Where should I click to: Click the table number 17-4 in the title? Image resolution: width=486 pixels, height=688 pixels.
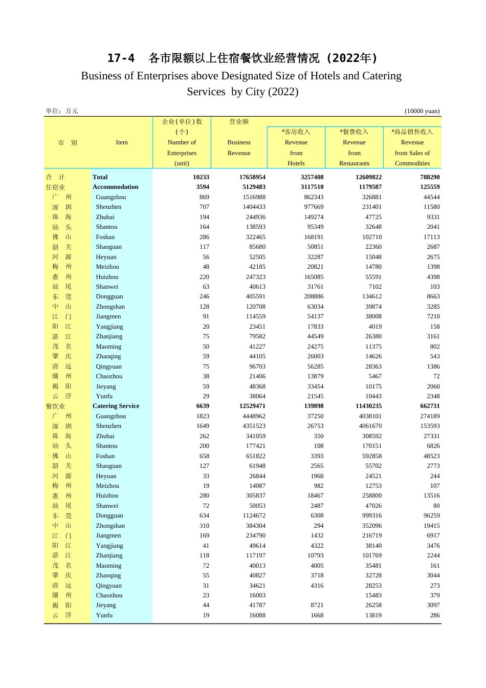click(121, 58)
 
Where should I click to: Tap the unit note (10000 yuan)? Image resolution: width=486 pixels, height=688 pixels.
click(422, 111)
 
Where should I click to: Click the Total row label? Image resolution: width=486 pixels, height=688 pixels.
click(100, 177)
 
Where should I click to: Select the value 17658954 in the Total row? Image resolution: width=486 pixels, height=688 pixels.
click(252, 177)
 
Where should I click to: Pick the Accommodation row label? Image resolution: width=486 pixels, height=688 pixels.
click(115, 187)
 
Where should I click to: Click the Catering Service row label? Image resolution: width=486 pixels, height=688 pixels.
click(116, 406)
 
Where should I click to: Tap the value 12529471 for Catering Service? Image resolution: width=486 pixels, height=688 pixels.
click(252, 406)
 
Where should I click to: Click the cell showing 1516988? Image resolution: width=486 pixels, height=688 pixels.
click(254, 197)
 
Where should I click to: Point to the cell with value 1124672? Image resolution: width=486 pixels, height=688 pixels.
click(254, 515)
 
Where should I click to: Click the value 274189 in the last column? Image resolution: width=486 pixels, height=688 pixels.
click(429, 416)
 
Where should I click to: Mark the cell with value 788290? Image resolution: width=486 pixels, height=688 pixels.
click(428, 177)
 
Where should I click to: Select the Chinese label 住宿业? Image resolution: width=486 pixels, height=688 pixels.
click(55, 187)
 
